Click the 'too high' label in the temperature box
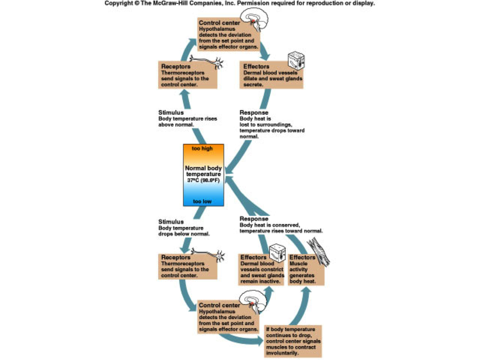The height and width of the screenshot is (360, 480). [x=202, y=148]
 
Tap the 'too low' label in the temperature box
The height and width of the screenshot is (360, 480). [x=202, y=201]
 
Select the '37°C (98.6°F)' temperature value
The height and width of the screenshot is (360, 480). [x=203, y=180]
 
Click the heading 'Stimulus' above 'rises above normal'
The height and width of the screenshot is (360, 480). [x=171, y=113]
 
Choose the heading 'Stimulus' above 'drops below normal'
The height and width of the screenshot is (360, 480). [x=171, y=222]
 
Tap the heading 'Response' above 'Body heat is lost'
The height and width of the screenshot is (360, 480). [x=254, y=113]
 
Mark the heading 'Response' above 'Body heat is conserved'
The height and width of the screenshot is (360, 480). [x=254, y=219]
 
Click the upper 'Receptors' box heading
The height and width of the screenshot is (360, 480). [x=175, y=67]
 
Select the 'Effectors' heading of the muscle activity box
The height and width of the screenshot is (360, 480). [x=302, y=257]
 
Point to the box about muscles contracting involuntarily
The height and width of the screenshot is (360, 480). [x=293, y=341]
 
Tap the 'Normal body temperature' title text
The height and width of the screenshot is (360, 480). [x=203, y=171]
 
